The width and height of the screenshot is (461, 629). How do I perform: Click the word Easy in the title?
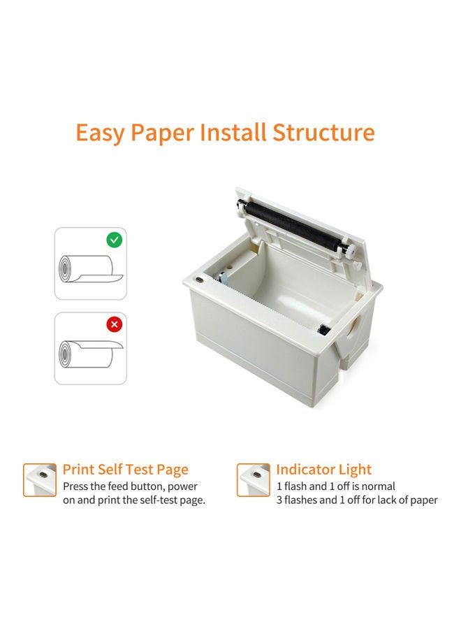[x=99, y=133]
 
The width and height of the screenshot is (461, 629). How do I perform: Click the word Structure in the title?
[x=323, y=133]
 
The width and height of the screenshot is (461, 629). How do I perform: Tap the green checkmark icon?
[x=114, y=240]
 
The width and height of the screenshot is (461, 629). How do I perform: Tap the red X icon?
[x=114, y=325]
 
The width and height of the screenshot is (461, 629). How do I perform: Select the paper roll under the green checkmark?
[x=87, y=270]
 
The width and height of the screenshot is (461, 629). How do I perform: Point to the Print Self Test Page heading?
[x=126, y=470]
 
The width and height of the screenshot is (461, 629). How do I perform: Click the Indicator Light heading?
[x=324, y=470]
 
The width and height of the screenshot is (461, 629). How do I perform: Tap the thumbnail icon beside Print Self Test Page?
[x=40, y=480]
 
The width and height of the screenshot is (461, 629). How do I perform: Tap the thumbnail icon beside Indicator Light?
[x=254, y=480]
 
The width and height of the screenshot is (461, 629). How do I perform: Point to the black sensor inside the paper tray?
[x=323, y=329]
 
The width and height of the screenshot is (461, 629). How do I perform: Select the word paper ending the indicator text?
[x=423, y=500]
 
